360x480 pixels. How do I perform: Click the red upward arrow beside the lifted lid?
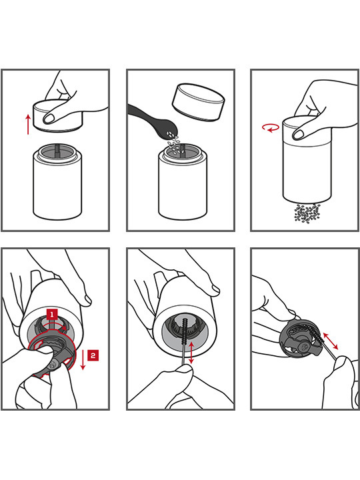[28, 124]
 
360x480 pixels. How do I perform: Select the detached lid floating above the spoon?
[198, 102]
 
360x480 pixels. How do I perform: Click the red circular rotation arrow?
[271, 128]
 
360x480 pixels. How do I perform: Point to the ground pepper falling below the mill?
[307, 213]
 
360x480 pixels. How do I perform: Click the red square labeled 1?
[52, 315]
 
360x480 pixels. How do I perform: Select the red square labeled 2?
[93, 355]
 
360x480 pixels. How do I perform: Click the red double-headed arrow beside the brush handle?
[191, 353]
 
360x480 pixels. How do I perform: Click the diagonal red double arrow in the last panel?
[330, 341]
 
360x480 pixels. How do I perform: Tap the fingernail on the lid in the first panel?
[49, 119]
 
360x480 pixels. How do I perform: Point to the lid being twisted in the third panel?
[306, 129]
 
